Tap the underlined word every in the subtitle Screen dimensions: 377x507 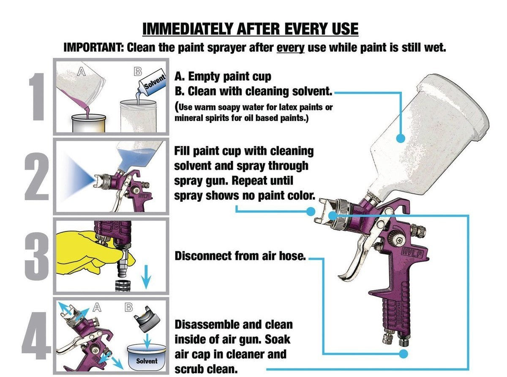tap(290, 47)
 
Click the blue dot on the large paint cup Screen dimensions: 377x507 tap(401, 138)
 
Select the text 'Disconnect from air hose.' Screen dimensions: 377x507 tap(240, 256)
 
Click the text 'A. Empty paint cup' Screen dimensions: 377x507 tap(223, 77)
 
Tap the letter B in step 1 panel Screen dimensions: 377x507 tap(137, 72)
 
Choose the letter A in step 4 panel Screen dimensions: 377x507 tap(97, 308)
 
